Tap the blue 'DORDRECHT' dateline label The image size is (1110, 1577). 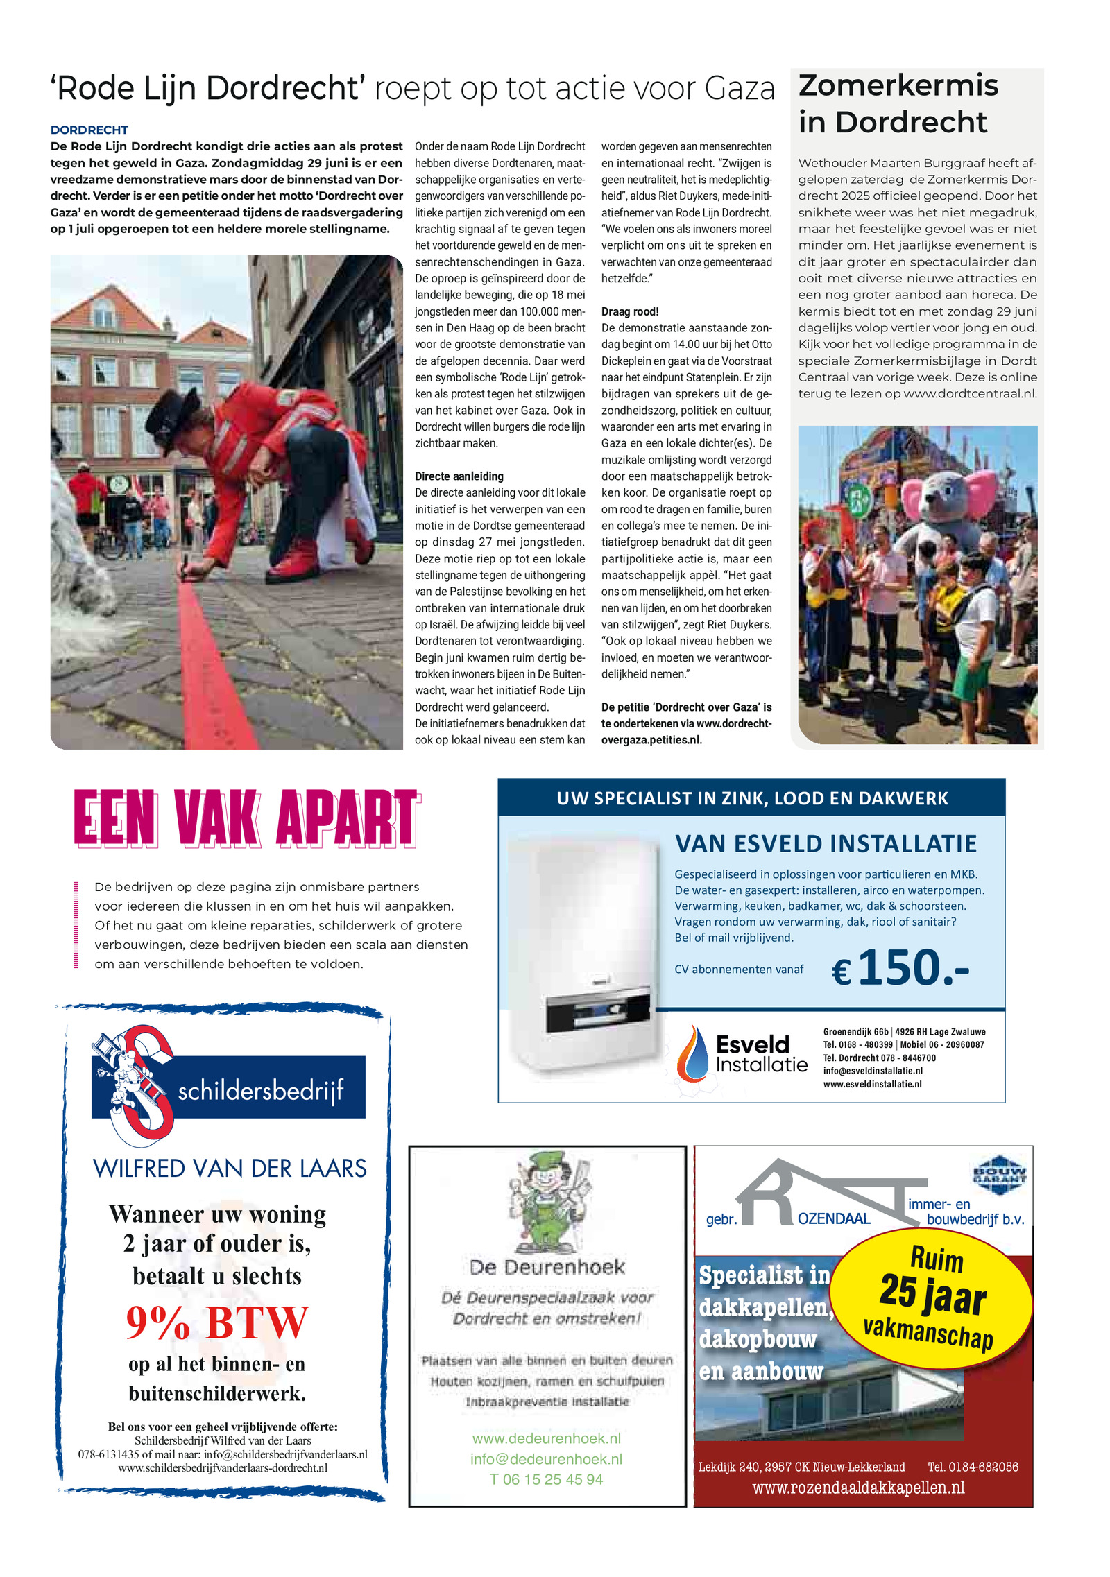click(89, 130)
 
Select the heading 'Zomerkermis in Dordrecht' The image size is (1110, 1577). click(898, 103)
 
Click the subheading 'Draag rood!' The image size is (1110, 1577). click(630, 311)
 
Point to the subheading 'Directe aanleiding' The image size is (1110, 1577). click(459, 476)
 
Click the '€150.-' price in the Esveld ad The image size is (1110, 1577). click(900, 968)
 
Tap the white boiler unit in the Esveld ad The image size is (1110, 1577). click(583, 949)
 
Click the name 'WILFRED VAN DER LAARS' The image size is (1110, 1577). click(230, 1169)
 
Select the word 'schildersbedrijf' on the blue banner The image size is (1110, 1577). click(261, 1091)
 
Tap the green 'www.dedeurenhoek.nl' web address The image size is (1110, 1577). click(547, 1438)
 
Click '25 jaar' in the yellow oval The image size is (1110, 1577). click(932, 1294)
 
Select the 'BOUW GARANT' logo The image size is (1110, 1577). click(998, 1175)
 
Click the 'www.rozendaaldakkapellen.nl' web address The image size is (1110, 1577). click(858, 1488)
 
